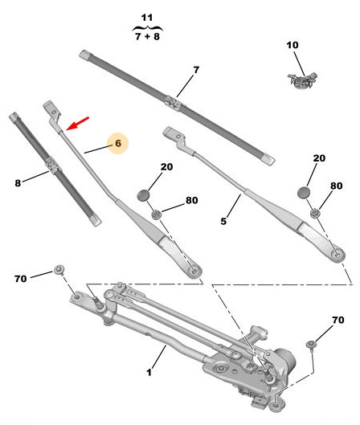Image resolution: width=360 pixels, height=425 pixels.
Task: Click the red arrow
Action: point(77,124)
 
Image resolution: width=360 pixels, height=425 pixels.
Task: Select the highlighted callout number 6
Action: point(118,143)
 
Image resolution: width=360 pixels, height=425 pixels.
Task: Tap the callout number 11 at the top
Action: point(147,18)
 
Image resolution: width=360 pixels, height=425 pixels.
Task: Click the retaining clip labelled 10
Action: point(302,80)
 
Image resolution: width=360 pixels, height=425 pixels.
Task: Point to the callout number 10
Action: point(292,45)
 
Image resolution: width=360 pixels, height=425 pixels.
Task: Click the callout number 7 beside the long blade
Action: point(196,70)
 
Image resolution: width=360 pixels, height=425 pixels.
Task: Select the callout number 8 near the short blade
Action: point(18,183)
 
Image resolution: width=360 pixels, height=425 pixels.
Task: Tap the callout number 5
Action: point(223,221)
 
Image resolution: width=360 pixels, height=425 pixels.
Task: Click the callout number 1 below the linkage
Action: point(149,372)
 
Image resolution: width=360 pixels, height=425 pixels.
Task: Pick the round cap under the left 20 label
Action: point(143,195)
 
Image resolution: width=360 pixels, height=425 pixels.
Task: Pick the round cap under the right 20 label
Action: point(303,192)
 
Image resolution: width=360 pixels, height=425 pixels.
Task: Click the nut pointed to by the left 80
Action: point(157,215)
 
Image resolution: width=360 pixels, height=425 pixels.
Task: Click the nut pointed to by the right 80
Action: point(315,213)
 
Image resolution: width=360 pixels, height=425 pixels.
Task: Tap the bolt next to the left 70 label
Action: point(59,270)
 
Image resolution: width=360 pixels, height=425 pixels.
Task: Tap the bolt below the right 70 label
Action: point(311,345)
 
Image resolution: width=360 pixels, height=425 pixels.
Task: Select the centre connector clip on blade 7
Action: point(172,102)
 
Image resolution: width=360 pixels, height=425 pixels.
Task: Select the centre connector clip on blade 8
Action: point(51,165)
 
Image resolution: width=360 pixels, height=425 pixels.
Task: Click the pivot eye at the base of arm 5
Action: point(337,255)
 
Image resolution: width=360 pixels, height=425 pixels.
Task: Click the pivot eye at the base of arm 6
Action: point(194,271)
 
